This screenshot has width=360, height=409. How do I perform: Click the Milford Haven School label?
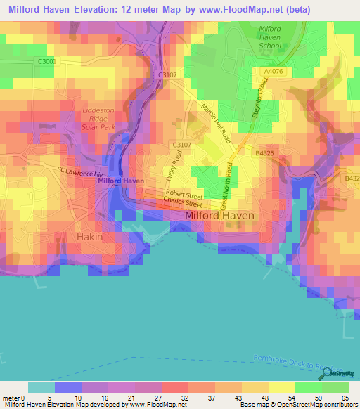(270, 37)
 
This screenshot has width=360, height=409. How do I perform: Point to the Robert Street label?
(184, 193)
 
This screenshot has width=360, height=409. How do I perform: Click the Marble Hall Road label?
(215, 124)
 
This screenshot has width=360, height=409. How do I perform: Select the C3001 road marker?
(48, 62)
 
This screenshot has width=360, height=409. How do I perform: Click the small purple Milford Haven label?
(121, 181)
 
